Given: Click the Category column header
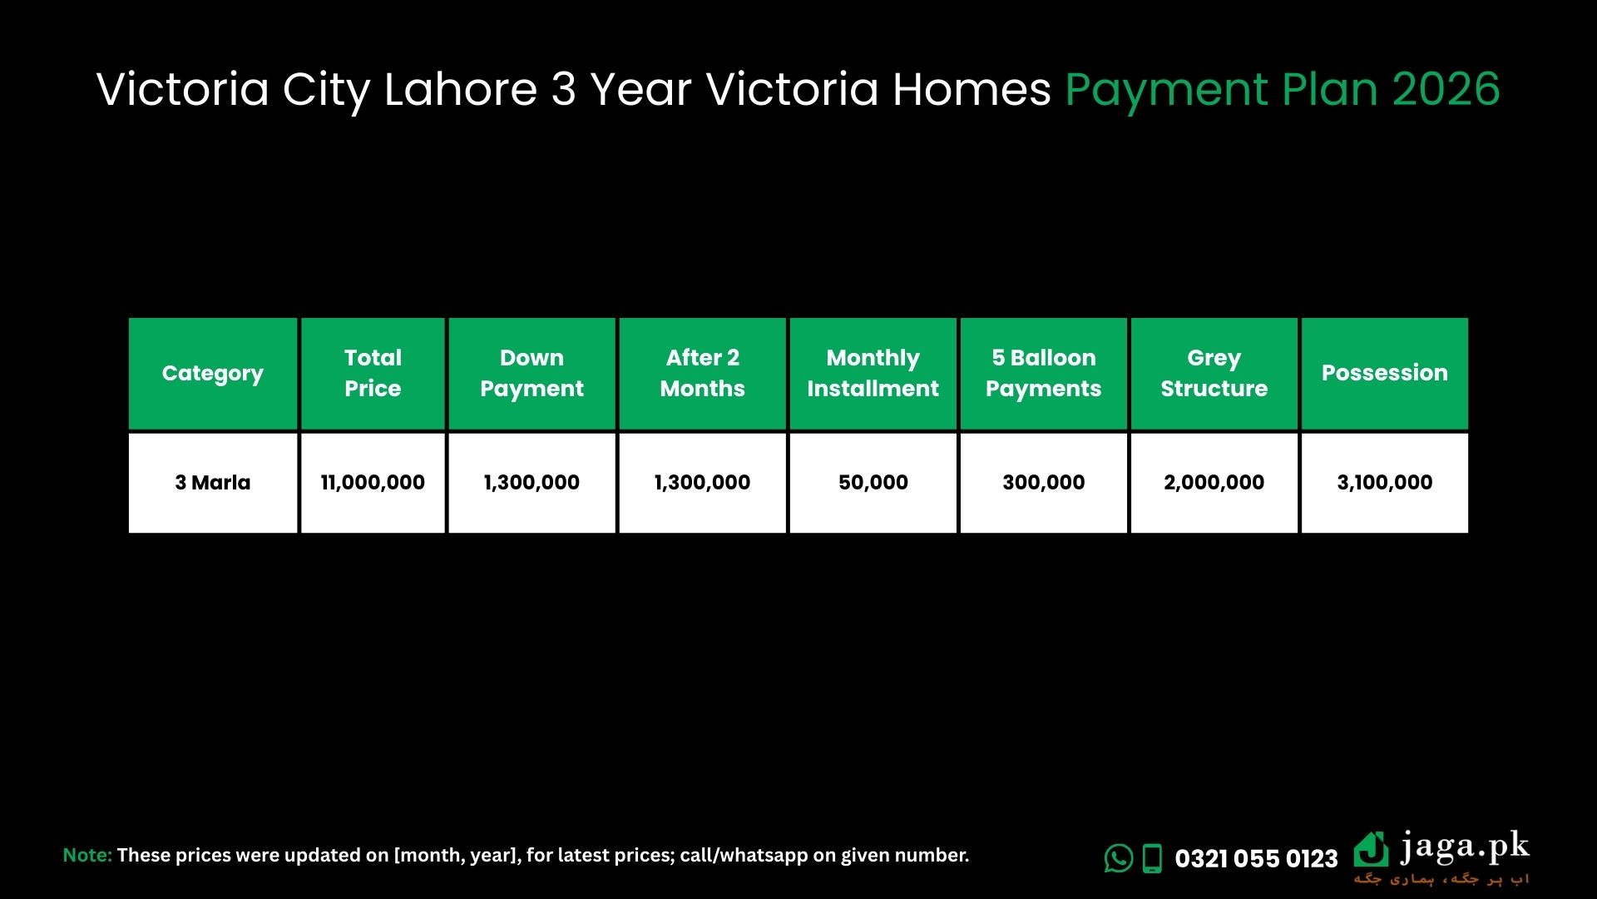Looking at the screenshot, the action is pyautogui.click(x=213, y=374).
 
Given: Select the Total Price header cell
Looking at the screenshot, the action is pyautogui.click(x=373, y=374).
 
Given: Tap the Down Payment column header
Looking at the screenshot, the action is pyautogui.click(x=532, y=374).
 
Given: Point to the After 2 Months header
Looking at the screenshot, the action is pyautogui.click(x=703, y=374).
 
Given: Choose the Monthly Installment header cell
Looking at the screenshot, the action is pyautogui.click(x=873, y=374).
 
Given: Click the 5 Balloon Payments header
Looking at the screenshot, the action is pyautogui.click(x=1044, y=374).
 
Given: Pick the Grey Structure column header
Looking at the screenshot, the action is pyautogui.click(x=1214, y=374).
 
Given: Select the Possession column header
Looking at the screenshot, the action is pyautogui.click(x=1385, y=374).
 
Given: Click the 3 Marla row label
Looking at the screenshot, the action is pyautogui.click(x=213, y=483).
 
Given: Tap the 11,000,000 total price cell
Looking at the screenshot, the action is pyautogui.click(x=373, y=483).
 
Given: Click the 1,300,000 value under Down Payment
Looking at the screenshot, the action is pyautogui.click(x=532, y=483).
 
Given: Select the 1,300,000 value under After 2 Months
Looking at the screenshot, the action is pyautogui.click(x=703, y=483).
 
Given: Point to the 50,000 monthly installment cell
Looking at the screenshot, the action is pyautogui.click(x=873, y=483).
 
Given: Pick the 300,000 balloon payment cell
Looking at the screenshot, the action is pyautogui.click(x=1044, y=483).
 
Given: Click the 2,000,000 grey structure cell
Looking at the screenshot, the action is pyautogui.click(x=1214, y=483).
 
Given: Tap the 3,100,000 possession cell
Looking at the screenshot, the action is pyautogui.click(x=1385, y=483).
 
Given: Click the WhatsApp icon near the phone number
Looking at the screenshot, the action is pyautogui.click(x=1119, y=858).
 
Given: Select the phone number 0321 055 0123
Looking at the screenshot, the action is pyautogui.click(x=1256, y=859).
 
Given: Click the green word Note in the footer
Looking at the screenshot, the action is pyautogui.click(x=87, y=856).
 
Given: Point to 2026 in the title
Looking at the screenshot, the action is pyautogui.click(x=1446, y=89).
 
